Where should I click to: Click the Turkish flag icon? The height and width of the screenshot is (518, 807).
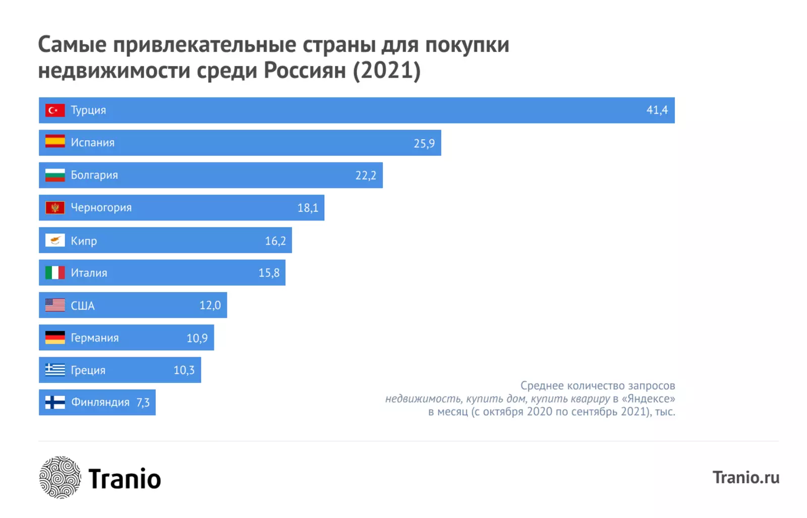point(55,110)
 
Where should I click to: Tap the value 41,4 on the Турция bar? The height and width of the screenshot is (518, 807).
point(657,110)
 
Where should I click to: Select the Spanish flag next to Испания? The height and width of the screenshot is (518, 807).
point(55,142)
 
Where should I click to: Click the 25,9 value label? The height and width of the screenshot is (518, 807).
point(424,143)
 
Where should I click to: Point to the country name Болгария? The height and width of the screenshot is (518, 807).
point(94,175)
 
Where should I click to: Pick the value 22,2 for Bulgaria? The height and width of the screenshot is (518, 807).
point(366,176)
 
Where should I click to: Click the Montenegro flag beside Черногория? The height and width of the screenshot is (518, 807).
point(55,207)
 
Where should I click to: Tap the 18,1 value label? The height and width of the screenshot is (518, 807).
point(308,208)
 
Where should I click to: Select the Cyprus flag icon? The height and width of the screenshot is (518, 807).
point(55,240)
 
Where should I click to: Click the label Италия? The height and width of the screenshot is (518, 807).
point(89,273)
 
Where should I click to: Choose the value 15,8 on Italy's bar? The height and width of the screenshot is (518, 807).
point(269,273)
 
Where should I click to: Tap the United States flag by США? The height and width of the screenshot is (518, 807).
point(55,305)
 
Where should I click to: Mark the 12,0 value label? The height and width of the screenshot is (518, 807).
point(210,305)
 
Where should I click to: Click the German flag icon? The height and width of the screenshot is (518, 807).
point(55,337)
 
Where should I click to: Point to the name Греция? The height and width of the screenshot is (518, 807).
point(88,370)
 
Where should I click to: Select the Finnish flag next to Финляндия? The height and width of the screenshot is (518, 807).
point(55,402)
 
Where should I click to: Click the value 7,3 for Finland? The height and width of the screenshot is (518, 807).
point(143,402)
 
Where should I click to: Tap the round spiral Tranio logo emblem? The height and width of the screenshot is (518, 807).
point(60,477)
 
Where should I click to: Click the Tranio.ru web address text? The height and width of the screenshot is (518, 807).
point(745,477)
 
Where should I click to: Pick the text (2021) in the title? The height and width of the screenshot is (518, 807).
point(386,70)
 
